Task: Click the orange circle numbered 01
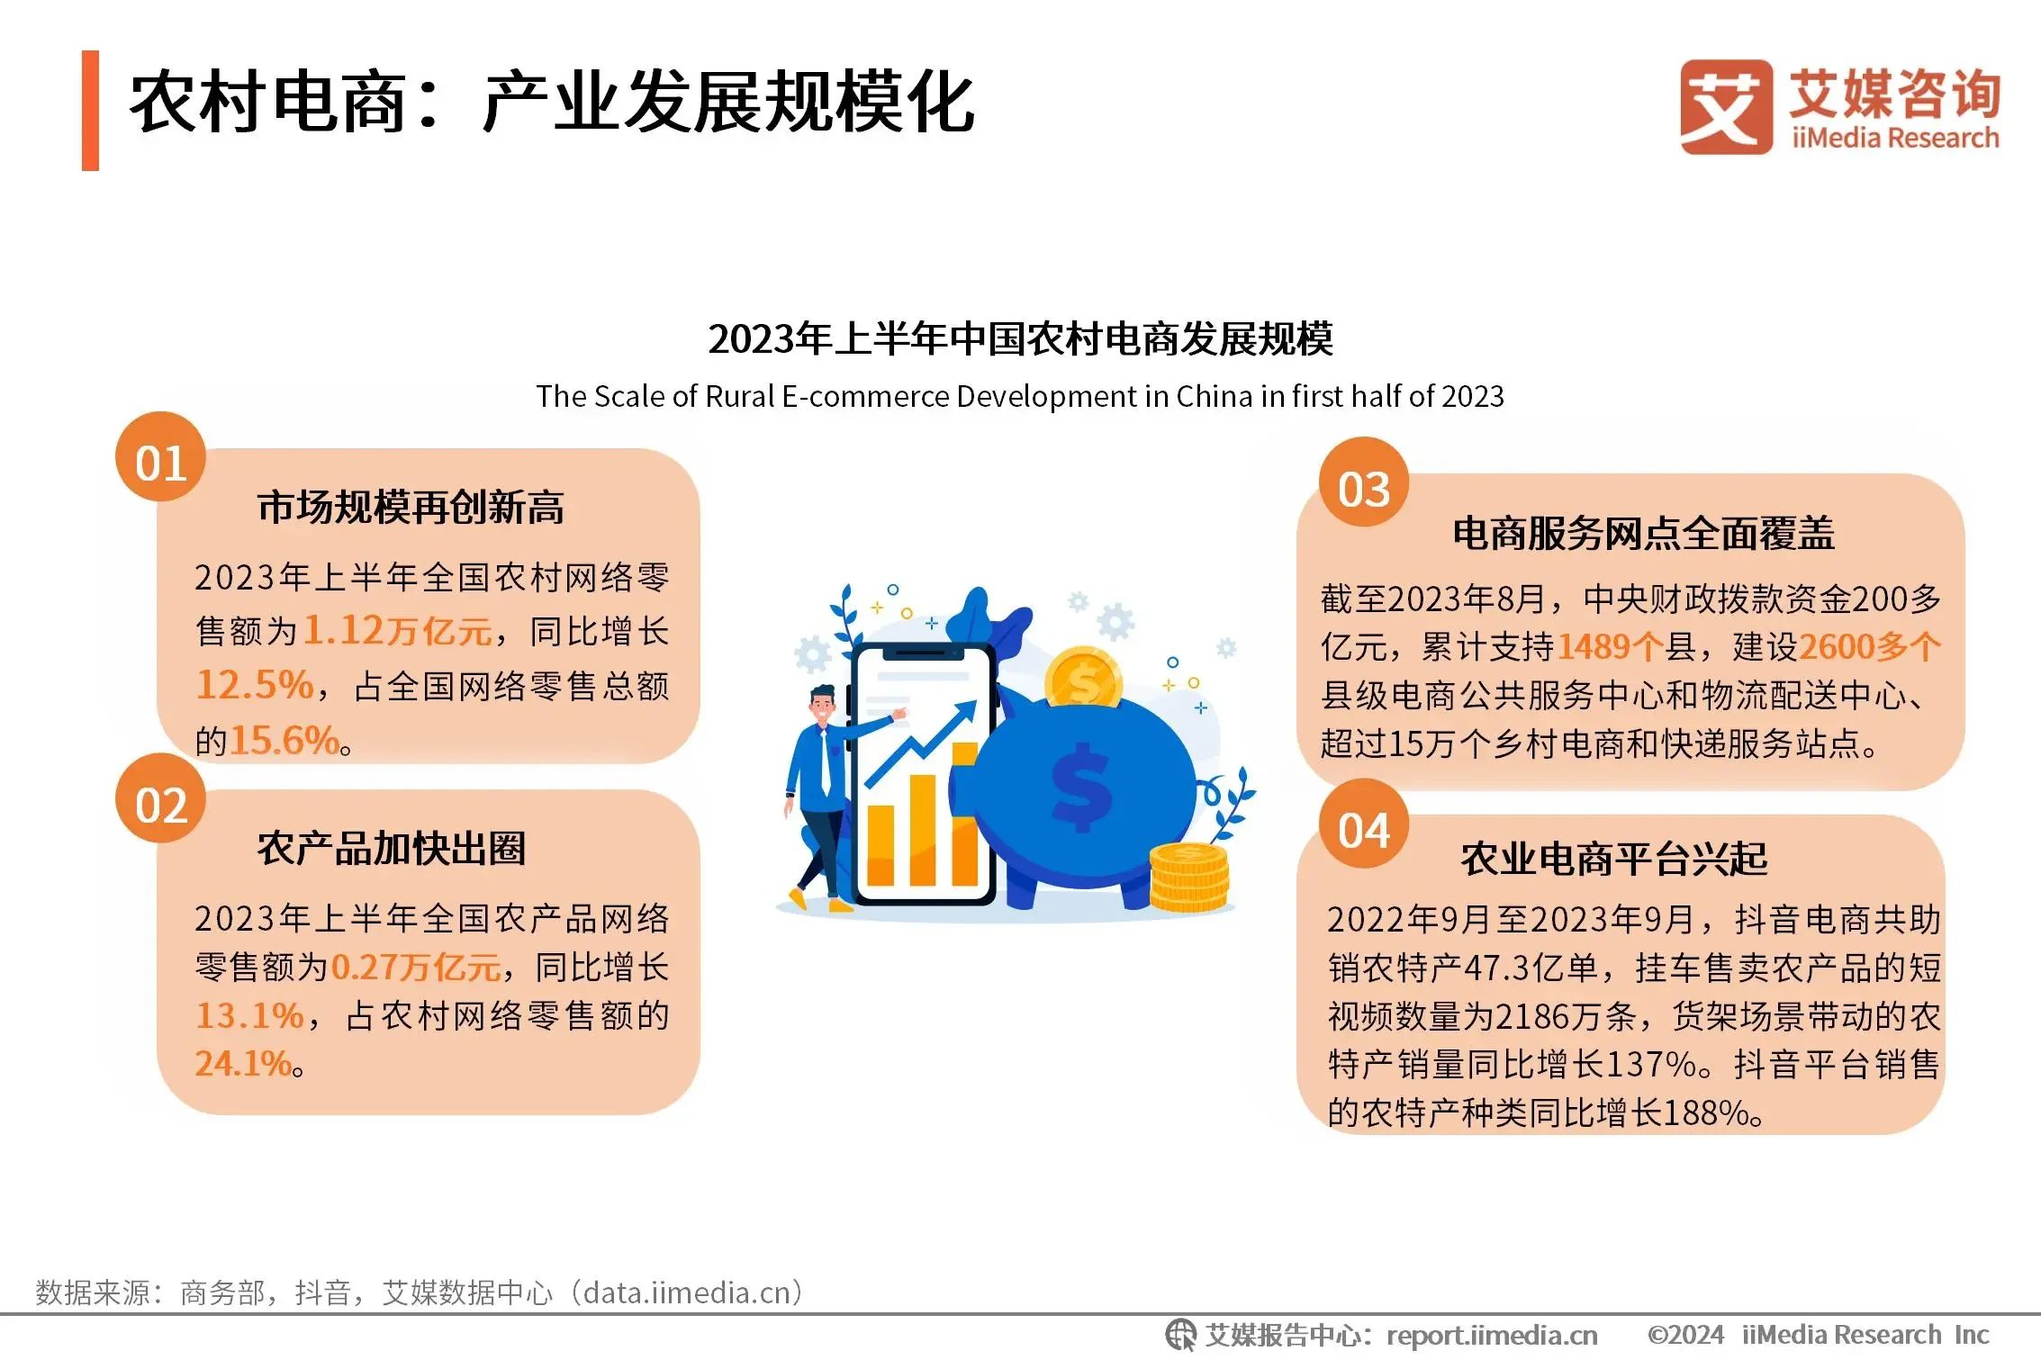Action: pos(160,457)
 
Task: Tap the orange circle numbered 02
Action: pos(160,798)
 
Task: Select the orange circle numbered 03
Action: pos(1364,482)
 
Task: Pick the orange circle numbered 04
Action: pos(1364,824)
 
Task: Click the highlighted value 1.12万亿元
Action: pos(398,631)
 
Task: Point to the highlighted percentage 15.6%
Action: pos(284,741)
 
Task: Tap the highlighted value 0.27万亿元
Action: pos(416,968)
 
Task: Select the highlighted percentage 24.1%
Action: pos(243,1064)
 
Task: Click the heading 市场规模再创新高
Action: pos(411,508)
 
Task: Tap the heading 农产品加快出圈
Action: pos(392,849)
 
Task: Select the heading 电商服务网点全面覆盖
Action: pos(1644,534)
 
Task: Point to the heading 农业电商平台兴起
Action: pos(1614,859)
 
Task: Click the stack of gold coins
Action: pos(1188,877)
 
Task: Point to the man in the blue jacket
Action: pos(824,797)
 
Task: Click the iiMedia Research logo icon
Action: pos(1726,107)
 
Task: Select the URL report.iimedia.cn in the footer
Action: pos(1492,1335)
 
